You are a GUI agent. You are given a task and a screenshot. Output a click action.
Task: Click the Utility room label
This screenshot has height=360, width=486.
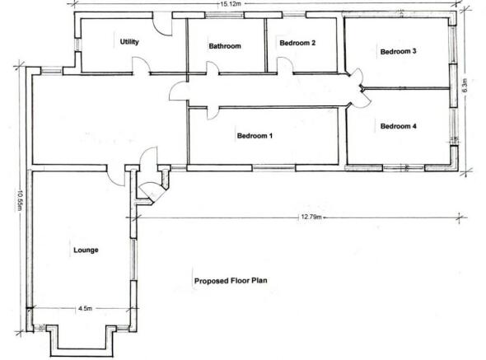(x=129, y=41)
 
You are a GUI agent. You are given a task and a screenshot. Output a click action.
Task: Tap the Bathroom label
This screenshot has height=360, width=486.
(x=224, y=46)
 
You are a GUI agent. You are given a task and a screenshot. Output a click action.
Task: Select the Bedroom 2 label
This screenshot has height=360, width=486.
(x=297, y=43)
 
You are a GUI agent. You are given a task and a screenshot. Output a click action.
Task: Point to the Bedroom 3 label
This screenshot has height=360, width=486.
(x=398, y=51)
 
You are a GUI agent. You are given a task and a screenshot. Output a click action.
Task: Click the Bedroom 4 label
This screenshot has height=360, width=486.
(x=398, y=126)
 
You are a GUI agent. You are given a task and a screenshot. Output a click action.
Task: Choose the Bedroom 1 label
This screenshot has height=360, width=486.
(x=255, y=136)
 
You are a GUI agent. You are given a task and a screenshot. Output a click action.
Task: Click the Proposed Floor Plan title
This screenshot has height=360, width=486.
(x=231, y=280)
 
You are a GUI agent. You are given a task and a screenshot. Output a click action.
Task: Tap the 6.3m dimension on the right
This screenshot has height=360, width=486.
(x=465, y=86)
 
